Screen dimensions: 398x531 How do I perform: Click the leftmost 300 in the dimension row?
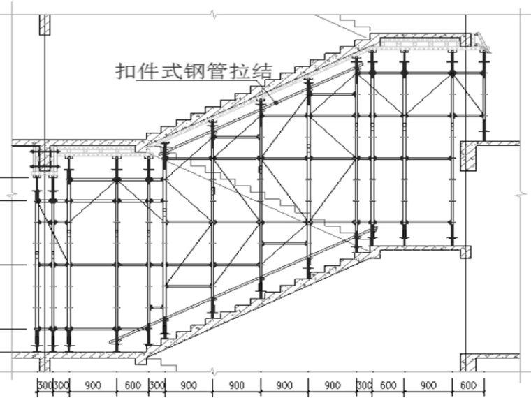[x=44, y=385]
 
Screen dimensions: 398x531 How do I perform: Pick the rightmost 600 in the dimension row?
[x=469, y=385]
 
